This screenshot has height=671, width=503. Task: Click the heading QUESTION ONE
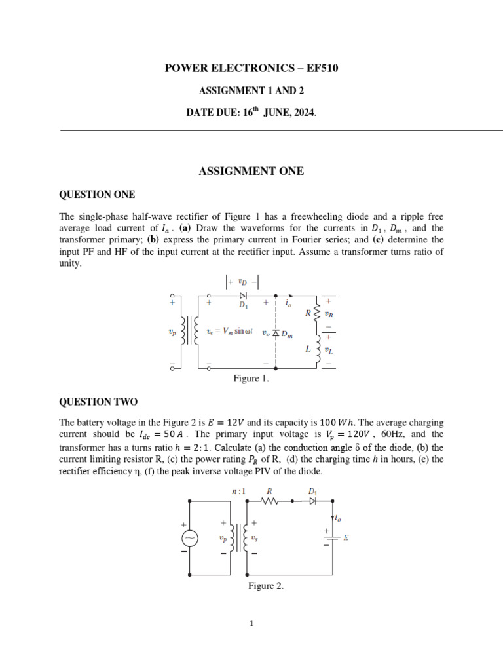pyautogui.click(x=97, y=195)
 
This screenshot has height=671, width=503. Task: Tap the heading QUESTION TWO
pyautogui.click(x=98, y=402)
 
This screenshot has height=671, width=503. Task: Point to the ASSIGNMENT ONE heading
pyautogui.click(x=251, y=172)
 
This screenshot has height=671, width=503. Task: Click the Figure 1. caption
pyautogui.click(x=251, y=379)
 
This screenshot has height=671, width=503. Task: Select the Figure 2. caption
pyautogui.click(x=265, y=586)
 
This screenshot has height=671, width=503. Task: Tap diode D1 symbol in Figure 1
pyautogui.click(x=243, y=296)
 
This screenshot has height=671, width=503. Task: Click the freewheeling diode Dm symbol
pyautogui.click(x=276, y=333)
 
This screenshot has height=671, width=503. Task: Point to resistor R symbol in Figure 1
pyautogui.click(x=318, y=313)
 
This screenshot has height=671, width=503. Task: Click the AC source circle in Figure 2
pyautogui.click(x=190, y=538)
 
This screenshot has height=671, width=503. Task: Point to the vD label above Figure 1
pyautogui.click(x=242, y=282)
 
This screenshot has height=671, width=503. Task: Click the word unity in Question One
pyautogui.click(x=71, y=264)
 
